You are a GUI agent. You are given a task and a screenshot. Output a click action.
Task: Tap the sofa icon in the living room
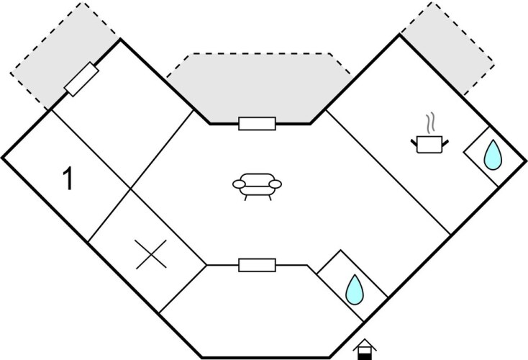pyautogui.click(x=255, y=185)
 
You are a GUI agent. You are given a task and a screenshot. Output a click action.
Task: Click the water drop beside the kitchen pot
pyautogui.click(x=492, y=156)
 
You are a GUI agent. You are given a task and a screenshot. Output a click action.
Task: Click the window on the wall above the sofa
pyautogui.click(x=257, y=124)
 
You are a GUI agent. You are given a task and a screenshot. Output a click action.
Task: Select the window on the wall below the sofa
pyautogui.click(x=257, y=266)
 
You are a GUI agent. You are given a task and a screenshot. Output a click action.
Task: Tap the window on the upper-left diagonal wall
pyautogui.click(x=81, y=79)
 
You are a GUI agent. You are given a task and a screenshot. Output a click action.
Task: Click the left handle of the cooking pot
pyautogui.click(x=414, y=141)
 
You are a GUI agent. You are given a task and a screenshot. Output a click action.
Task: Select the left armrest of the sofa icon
pyautogui.click(x=238, y=185)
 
